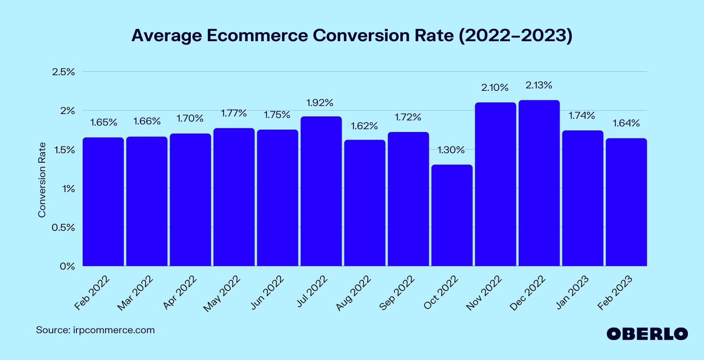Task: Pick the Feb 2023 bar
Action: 626,202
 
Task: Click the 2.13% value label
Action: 539,85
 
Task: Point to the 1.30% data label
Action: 451,150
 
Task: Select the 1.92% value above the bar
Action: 320,103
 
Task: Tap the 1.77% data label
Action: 234,113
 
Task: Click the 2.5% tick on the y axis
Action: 64,72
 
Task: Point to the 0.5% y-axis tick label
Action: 63,228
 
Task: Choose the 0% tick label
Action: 67,266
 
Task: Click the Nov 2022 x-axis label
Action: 484,293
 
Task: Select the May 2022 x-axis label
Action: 222,294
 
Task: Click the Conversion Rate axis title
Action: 42,180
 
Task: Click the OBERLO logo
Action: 647,334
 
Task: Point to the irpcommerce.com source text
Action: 114,330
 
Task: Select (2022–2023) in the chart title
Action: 515,35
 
